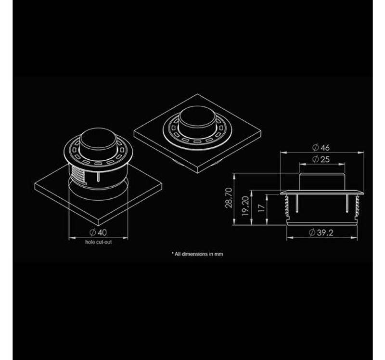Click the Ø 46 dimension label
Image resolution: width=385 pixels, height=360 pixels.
321,148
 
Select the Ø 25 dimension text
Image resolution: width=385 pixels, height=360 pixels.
321,159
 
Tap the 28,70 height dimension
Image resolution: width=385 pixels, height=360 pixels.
229,198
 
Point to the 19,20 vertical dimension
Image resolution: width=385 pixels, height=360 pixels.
245,206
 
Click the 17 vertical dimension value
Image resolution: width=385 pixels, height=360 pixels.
262,208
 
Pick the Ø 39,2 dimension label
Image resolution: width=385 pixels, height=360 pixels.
321,232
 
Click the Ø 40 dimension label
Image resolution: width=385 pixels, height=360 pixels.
98,232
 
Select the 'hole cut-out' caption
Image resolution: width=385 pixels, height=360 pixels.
99,242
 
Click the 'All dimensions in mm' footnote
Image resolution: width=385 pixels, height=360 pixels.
197,254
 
